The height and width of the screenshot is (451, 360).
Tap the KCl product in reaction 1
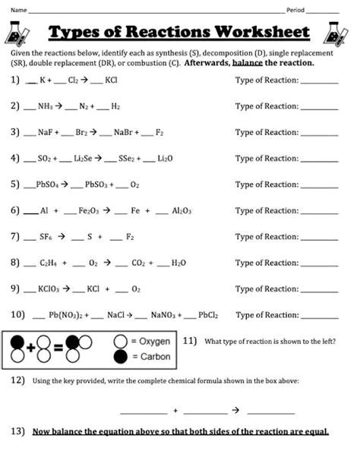[x=111, y=80]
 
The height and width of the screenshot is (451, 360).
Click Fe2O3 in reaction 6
[x=89, y=211]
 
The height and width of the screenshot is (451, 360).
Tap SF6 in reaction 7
[x=48, y=237]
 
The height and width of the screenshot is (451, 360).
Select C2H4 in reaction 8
[x=49, y=263]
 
